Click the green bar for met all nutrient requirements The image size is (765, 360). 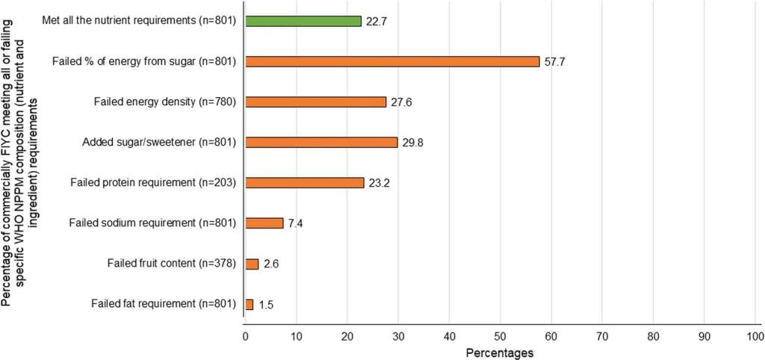pyautogui.click(x=303, y=21)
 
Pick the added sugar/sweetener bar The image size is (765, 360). pyautogui.click(x=321, y=142)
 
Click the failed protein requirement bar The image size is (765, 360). pyautogui.click(x=304, y=182)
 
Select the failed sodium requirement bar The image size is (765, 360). pyautogui.click(x=264, y=223)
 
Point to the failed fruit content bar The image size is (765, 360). pyautogui.click(x=252, y=264)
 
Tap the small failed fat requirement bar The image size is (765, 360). pyautogui.click(x=249, y=304)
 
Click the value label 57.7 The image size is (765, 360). pyautogui.click(x=554, y=61)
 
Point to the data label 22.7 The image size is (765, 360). pyautogui.click(x=376, y=22)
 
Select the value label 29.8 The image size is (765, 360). pyautogui.click(x=412, y=143)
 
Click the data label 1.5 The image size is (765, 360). pyautogui.click(x=264, y=305)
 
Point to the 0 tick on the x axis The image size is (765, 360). pyautogui.click(x=245, y=337)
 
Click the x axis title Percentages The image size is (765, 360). pyautogui.click(x=499, y=353)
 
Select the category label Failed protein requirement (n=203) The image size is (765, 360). pyautogui.click(x=152, y=182)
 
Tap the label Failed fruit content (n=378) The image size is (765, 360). pyautogui.click(x=164, y=264)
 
